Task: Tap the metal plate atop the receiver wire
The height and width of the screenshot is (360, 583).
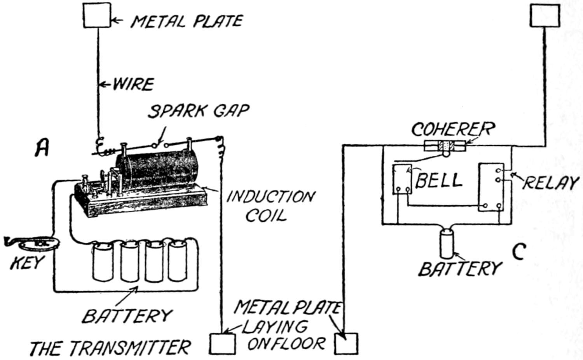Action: pos(545,16)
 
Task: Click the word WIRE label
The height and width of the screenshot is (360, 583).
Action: pos(133,84)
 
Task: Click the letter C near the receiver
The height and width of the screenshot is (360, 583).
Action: pos(519,252)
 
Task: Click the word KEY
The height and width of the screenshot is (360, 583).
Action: pos(26,263)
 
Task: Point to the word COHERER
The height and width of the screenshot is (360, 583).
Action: pos(454,129)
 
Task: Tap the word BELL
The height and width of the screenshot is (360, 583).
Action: pos(439,180)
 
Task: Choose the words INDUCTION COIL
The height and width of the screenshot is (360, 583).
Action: pos(270,206)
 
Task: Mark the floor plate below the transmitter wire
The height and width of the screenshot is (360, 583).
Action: pos(222,344)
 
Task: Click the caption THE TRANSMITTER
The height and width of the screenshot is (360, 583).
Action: pos(110,348)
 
